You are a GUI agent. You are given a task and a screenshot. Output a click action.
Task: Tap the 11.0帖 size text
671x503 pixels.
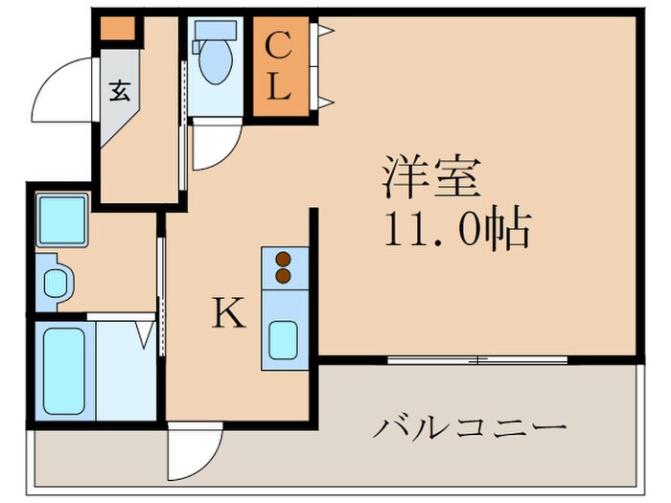point(458,229)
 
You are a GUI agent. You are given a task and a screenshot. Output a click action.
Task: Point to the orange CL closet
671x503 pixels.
point(278,67)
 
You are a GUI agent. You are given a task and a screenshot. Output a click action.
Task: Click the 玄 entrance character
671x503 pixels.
point(120,92)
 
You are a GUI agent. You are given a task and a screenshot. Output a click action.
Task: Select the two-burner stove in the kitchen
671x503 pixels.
point(283,267)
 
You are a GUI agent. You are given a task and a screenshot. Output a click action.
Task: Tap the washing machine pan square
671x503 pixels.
point(62,218)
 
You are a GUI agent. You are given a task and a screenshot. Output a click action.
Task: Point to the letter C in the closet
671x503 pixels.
point(277,45)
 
